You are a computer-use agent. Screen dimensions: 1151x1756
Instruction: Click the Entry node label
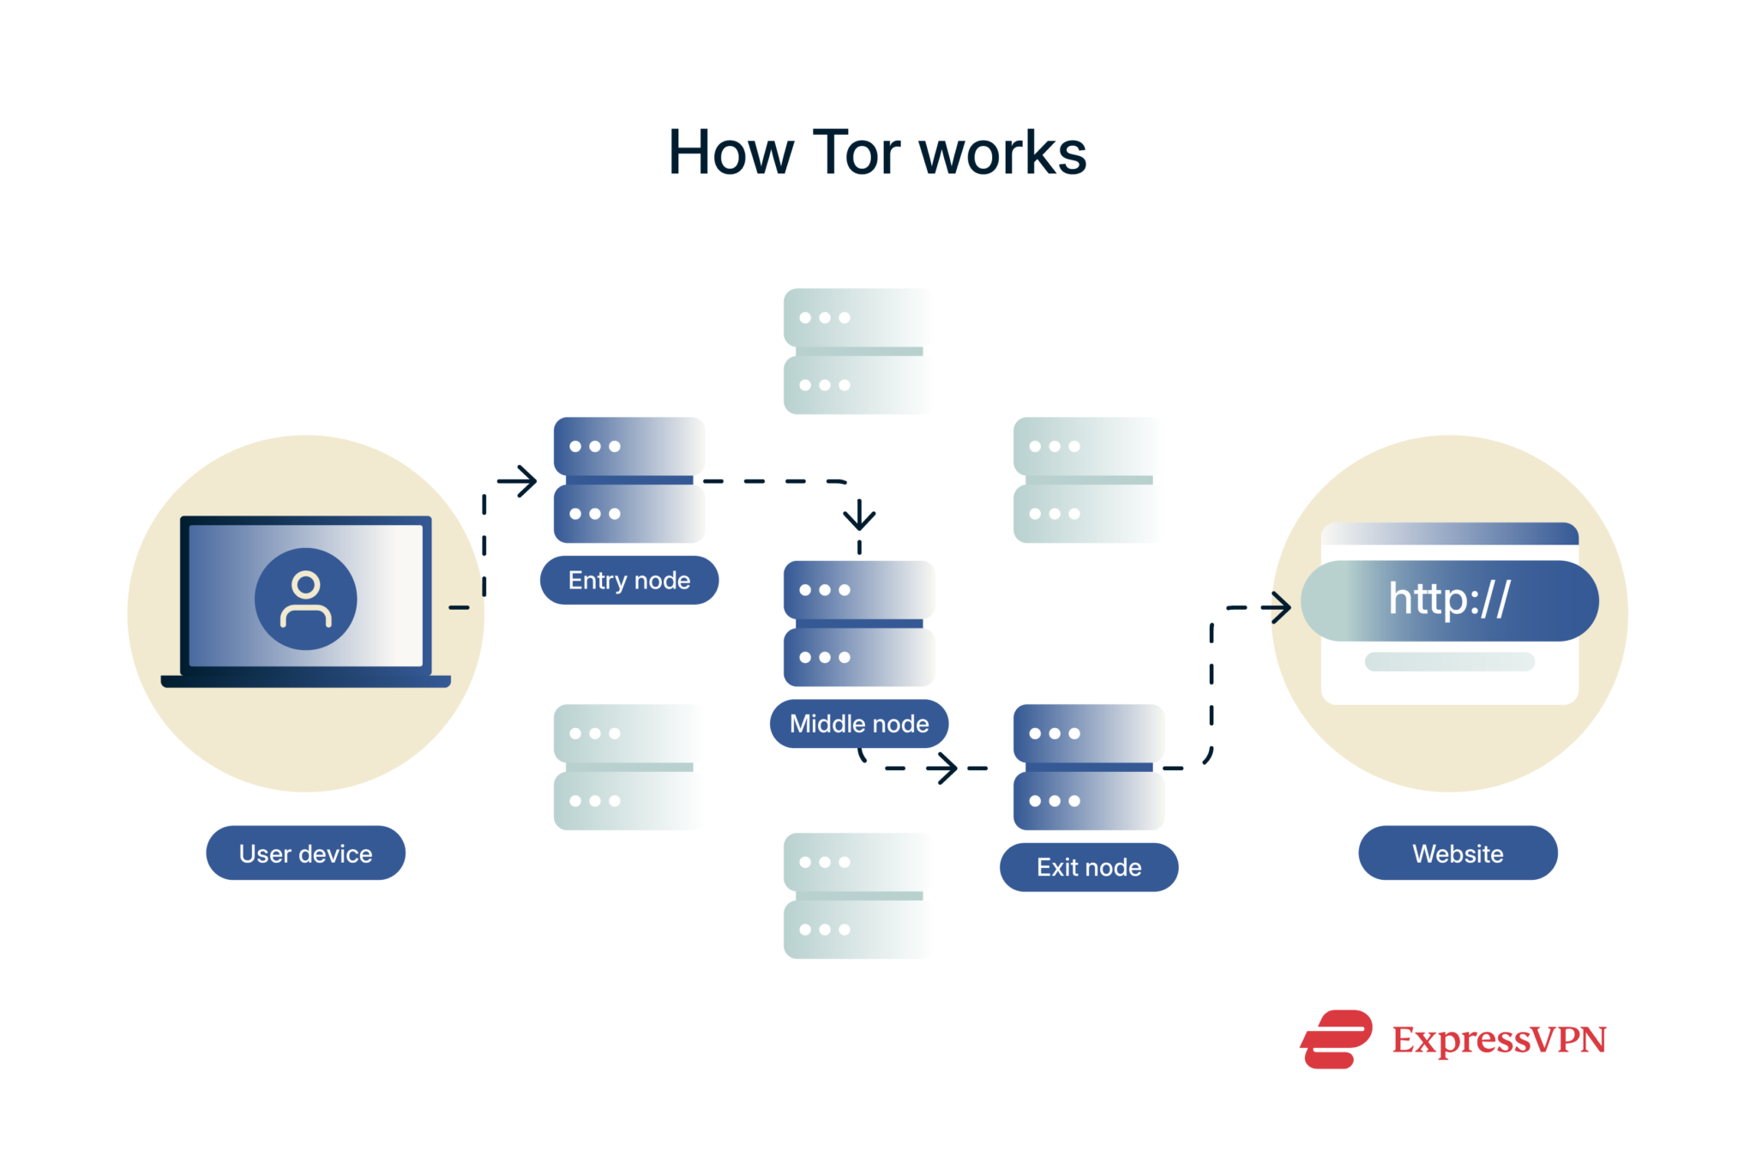(x=628, y=581)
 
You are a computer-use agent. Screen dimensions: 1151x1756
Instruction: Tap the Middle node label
(x=858, y=724)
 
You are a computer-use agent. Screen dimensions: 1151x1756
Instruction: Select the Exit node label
(x=1088, y=867)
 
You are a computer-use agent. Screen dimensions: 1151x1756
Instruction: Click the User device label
(x=305, y=853)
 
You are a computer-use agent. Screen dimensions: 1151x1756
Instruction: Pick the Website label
(x=1458, y=853)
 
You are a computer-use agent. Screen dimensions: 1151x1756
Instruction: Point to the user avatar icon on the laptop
(x=305, y=599)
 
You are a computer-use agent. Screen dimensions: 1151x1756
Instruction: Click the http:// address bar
(x=1449, y=600)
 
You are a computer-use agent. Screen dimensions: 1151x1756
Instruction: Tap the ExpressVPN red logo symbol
(x=1336, y=1039)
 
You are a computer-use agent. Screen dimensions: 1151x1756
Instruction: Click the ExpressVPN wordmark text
(x=1499, y=1040)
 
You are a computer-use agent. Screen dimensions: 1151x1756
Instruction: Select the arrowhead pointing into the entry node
(x=525, y=480)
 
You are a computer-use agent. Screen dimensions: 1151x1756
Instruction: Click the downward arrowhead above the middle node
(x=859, y=517)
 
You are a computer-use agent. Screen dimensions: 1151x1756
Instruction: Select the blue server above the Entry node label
(x=628, y=479)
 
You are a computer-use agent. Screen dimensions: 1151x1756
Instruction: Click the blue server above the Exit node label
(x=1088, y=767)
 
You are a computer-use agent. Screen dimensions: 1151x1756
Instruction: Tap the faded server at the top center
(x=857, y=351)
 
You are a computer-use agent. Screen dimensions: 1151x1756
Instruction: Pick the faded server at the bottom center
(x=857, y=895)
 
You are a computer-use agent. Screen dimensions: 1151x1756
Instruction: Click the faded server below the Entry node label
(x=628, y=767)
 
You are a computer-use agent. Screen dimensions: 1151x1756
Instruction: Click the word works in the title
(x=1002, y=154)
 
